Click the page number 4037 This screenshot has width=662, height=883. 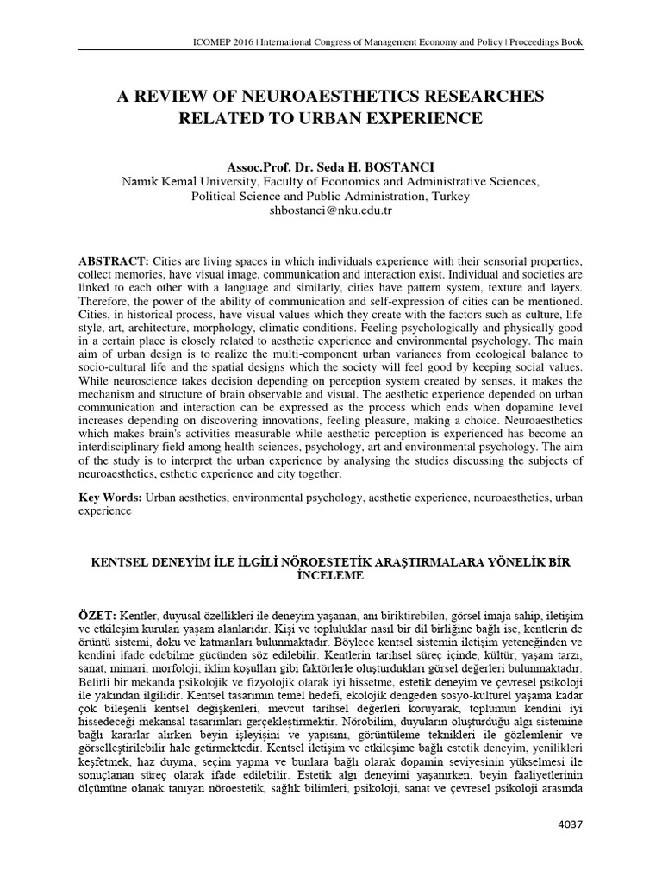click(570, 849)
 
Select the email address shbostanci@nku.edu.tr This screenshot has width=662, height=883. click(331, 210)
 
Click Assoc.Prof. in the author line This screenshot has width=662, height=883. click(254, 164)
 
